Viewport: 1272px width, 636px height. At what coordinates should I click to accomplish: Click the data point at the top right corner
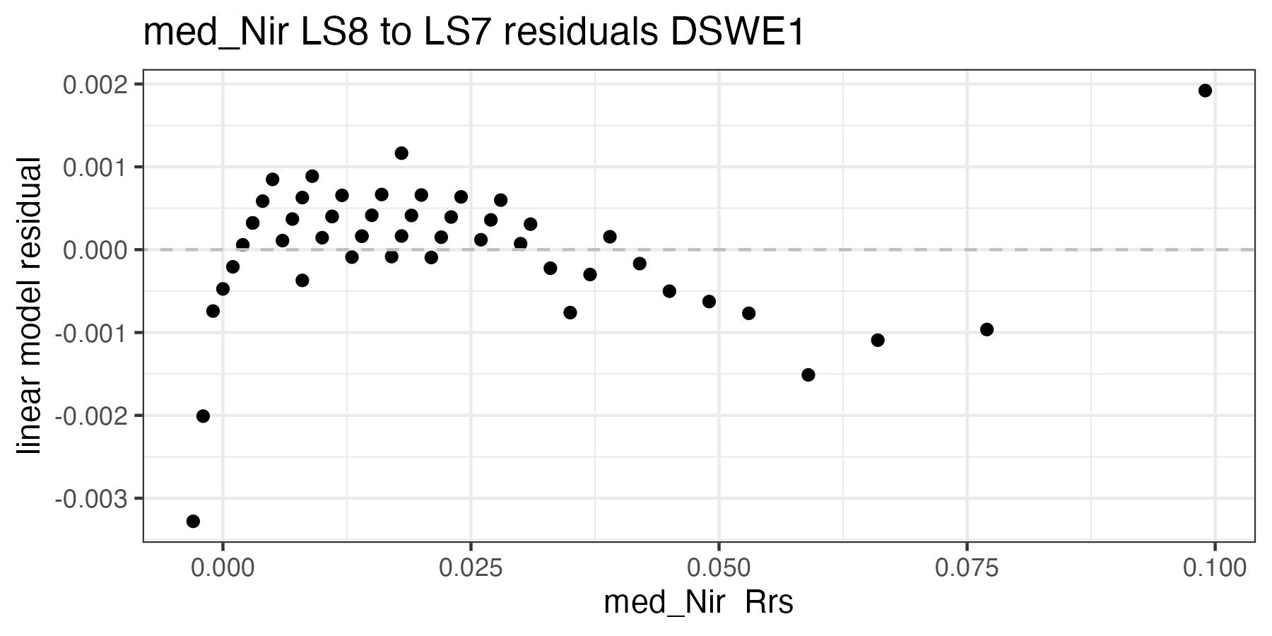(1205, 90)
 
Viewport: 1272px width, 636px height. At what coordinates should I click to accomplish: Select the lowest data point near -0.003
(193, 522)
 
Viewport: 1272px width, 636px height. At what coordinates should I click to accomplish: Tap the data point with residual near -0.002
(203, 416)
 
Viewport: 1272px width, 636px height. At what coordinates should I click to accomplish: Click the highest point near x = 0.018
(401, 153)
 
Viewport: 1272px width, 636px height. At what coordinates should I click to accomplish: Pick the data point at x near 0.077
(987, 329)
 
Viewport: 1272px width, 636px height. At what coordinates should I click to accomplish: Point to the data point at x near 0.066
(878, 340)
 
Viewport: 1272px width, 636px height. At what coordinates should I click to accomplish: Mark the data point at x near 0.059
(808, 375)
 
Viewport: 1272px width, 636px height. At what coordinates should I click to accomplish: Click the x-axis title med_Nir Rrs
(698, 603)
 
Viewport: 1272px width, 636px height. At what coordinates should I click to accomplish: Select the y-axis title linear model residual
(30, 306)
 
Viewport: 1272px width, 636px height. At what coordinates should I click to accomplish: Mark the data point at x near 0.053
(748, 313)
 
